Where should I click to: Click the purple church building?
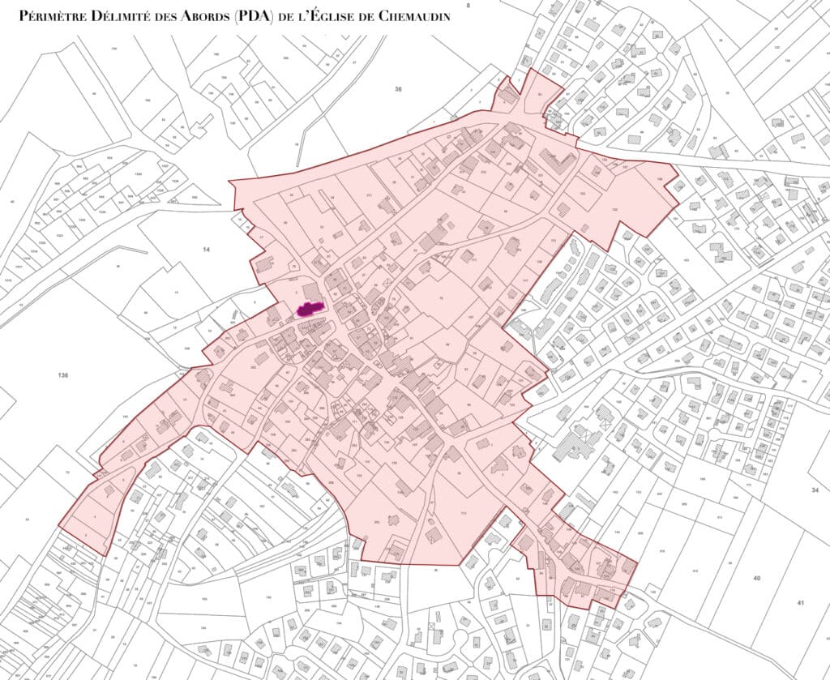[309, 308]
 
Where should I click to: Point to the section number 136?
[63, 375]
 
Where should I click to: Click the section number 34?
[814, 490]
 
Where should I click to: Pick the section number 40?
[756, 578]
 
